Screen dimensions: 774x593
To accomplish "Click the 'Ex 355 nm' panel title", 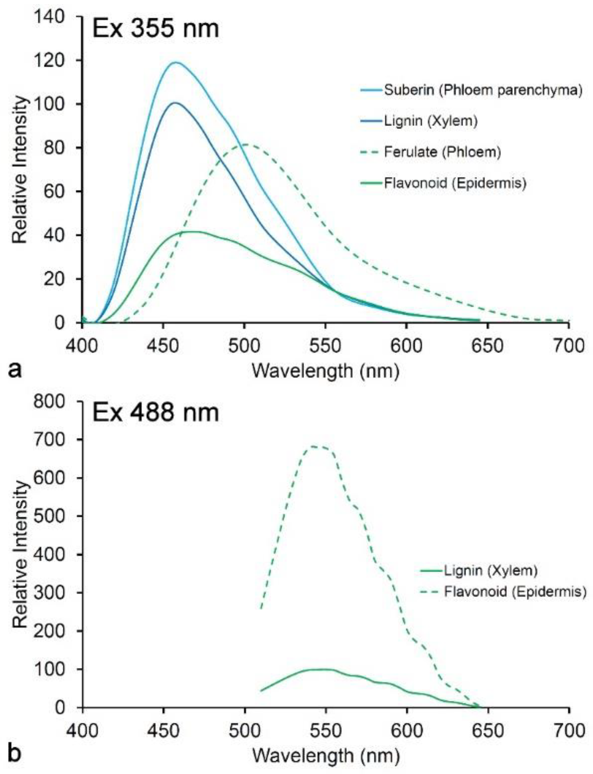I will (155, 29).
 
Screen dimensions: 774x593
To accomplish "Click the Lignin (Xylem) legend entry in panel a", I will (431, 121).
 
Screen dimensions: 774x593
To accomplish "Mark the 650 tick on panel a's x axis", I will (487, 346).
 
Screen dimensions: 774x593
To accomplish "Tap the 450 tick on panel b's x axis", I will (163, 730).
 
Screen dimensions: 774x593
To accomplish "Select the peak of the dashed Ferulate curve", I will (244, 144).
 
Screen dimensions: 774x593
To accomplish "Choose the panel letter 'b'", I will (15, 754).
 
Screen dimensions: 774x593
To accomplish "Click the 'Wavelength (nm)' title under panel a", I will (325, 370).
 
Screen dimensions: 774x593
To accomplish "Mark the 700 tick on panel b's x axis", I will (569, 730).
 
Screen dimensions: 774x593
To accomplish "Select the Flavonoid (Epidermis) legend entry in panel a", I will (455, 183).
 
